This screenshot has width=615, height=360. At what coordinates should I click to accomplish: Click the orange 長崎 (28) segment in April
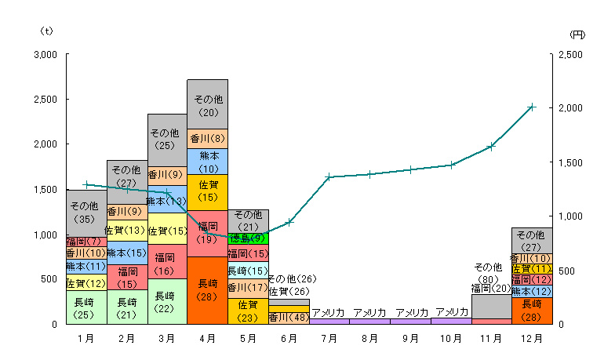tap(207, 290)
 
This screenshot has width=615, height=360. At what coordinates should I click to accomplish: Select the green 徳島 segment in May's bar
tap(248, 238)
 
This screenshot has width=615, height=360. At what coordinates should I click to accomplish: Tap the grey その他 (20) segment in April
tap(207, 104)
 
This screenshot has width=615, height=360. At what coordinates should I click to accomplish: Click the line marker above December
tap(531, 107)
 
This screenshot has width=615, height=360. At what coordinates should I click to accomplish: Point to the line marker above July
tap(329, 176)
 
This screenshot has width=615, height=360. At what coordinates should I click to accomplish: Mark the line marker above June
tap(289, 222)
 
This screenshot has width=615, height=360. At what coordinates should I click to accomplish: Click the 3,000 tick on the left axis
tap(45, 55)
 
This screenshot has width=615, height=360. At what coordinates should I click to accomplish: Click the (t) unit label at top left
tap(46, 31)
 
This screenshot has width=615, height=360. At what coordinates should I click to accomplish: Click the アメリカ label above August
tap(369, 312)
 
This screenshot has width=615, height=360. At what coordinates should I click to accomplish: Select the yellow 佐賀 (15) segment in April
tap(207, 192)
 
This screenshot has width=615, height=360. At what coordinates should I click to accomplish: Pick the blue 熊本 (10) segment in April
tap(207, 162)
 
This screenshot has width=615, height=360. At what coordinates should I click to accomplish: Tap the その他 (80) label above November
tap(491, 271)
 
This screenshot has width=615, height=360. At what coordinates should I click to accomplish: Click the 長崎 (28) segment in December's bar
tap(531, 310)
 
